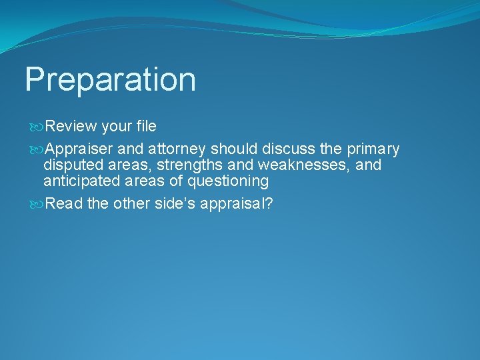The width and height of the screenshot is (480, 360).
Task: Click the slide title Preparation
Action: point(110,80)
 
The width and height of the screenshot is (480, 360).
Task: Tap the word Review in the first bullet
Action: point(72,126)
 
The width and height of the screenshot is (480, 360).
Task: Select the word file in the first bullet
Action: point(144,126)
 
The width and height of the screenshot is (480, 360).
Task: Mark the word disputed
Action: point(71,165)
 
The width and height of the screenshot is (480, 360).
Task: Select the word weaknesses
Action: point(301,165)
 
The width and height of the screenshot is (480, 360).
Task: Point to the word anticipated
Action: point(80,181)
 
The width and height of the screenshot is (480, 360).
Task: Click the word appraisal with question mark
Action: point(237,203)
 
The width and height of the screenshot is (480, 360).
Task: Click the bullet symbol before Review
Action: point(37,127)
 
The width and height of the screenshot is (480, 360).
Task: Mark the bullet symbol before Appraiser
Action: point(37,149)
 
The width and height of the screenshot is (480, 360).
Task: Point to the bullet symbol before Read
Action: point(37,204)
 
